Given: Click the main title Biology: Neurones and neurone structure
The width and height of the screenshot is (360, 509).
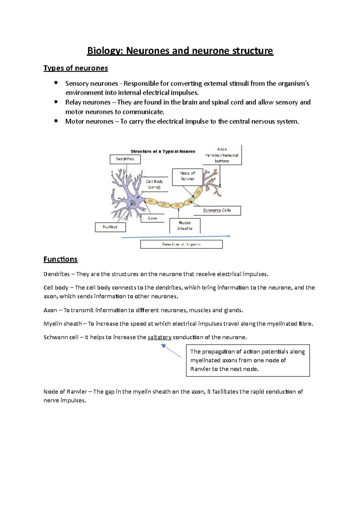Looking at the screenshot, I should tap(180, 51).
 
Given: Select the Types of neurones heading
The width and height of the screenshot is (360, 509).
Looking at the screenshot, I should tap(76, 68).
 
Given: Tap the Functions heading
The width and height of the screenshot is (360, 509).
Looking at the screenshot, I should tap(60, 259).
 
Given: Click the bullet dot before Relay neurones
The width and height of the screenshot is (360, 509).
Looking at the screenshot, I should tap(56, 102).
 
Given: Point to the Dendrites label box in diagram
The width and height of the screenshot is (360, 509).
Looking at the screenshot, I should tap(125, 159).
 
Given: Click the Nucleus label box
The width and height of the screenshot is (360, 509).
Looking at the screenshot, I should tap(110, 227).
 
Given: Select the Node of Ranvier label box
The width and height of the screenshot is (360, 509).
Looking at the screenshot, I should tap(187, 176).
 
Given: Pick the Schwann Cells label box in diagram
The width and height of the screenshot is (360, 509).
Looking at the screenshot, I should tap(217, 210).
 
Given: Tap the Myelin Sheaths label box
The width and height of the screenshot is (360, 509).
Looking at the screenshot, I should tap(185, 225).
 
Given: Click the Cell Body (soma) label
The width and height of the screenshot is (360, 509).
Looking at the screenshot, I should tap(154, 184).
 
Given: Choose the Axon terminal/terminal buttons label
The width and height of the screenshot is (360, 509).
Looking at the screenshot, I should tap(222, 155).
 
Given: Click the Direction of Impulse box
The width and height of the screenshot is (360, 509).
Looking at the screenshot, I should tap(181, 244).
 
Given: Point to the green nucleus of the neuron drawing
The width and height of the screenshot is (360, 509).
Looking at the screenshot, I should tap(133, 203).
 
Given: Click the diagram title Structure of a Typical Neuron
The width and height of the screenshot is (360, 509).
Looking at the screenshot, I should tap(163, 151).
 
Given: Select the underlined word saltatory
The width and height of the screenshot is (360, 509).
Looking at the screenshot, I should tap(160, 337).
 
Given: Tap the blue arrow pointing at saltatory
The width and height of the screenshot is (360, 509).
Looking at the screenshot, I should tap(172, 351).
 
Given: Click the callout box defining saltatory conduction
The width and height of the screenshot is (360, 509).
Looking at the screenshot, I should tap(247, 360).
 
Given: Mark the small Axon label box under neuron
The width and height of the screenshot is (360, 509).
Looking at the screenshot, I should tap(152, 218).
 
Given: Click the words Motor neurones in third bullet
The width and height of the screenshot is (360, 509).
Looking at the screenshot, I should tap(89, 121).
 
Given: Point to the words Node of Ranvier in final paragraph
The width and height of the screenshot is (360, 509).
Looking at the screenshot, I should tap(65, 391).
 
